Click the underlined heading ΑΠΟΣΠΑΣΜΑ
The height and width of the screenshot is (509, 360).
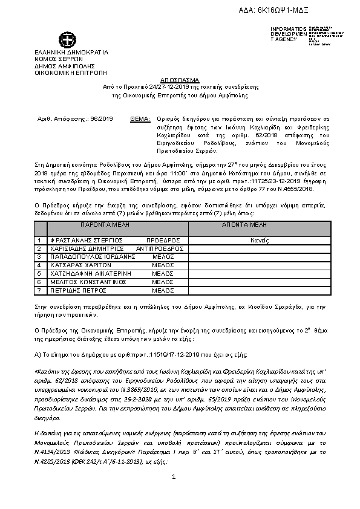tap(180, 80)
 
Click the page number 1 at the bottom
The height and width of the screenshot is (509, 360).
tap(173, 477)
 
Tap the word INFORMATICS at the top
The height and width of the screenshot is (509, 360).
tap(284, 29)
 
